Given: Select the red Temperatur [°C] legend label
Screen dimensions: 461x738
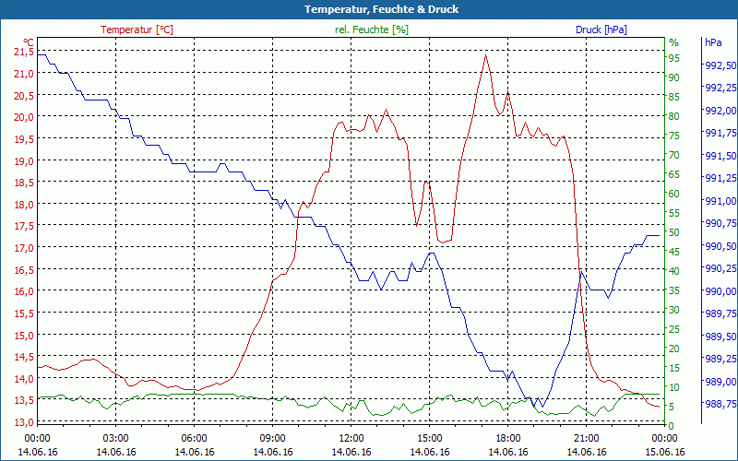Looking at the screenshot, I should point(137,30).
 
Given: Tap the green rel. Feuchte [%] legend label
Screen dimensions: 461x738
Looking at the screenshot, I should point(372,30).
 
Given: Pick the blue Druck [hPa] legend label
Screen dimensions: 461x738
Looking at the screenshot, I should point(601,30).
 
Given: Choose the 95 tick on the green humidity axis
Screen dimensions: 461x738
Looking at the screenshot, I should point(674,58).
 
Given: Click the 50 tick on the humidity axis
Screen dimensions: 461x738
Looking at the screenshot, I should point(674,232).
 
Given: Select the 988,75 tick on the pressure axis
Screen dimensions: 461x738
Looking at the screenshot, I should point(719,404).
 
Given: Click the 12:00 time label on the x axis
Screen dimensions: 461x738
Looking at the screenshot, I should point(351,438).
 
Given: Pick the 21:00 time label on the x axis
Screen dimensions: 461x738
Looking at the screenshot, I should point(587,438).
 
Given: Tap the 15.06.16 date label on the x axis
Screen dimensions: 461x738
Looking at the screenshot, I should point(665,452).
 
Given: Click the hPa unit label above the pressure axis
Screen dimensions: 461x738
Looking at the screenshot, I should point(712,42).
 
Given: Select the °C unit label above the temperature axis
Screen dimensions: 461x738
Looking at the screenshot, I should point(29,42).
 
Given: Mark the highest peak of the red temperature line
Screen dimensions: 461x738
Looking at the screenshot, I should point(485,54).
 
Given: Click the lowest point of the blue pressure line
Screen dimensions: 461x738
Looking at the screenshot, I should point(542,407).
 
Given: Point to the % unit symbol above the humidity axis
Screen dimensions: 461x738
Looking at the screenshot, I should point(673,42).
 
